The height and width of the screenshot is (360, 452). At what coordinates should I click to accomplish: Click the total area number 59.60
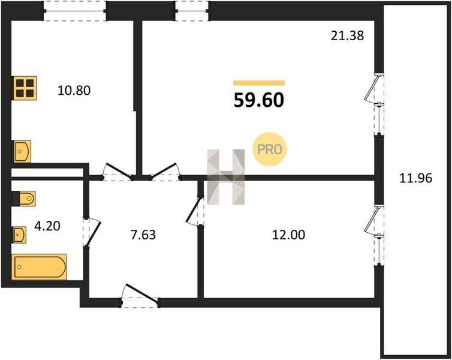(x=259, y=100)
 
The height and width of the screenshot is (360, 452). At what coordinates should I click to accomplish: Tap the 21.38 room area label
(x=347, y=36)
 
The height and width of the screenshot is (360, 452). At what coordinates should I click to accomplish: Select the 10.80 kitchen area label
(x=74, y=91)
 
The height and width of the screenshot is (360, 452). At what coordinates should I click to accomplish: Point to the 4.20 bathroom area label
(x=47, y=226)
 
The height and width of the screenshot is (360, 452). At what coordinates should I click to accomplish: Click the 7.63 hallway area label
(x=143, y=235)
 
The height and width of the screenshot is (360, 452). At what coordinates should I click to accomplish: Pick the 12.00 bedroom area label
(x=288, y=235)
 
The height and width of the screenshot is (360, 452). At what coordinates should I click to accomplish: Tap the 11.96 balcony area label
(x=415, y=179)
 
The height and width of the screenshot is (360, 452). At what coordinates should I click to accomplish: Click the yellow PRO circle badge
(x=270, y=149)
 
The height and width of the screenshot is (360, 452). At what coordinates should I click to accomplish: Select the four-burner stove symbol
(x=25, y=88)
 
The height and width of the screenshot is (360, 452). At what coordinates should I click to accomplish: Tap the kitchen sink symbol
(x=22, y=151)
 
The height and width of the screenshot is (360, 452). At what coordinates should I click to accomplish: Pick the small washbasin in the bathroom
(x=19, y=235)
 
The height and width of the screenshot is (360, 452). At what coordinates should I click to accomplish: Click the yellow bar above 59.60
(x=259, y=83)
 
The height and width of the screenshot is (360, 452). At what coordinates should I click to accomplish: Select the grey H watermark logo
(x=226, y=177)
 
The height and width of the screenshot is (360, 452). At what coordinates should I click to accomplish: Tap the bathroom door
(x=92, y=232)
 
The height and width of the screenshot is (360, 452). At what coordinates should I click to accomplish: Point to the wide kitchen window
(x=75, y=11)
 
